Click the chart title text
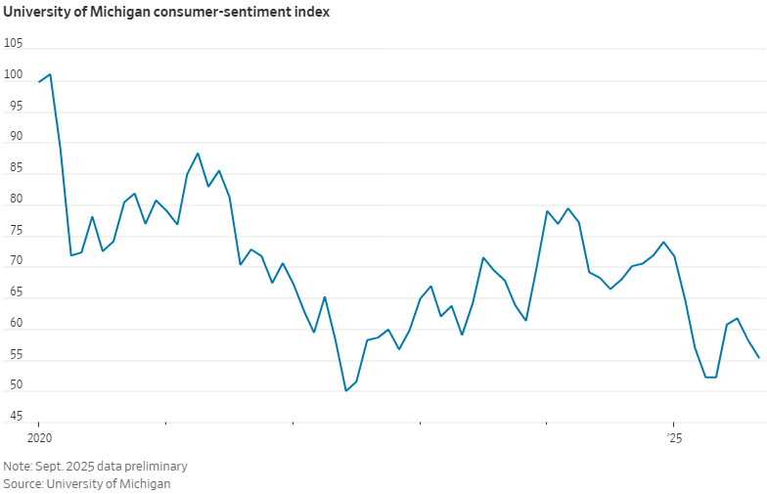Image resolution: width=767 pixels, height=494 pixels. (x=166, y=13)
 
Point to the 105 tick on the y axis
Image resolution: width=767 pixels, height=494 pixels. (x=14, y=44)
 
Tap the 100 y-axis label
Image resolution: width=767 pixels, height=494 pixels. (x=14, y=75)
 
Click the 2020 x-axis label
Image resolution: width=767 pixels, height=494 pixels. (x=38, y=437)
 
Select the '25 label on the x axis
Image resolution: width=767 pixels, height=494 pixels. (x=674, y=437)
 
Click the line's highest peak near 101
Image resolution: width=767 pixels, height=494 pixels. (x=50, y=74)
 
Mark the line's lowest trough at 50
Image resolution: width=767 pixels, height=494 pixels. (x=345, y=390)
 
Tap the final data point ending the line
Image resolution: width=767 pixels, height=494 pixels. (x=758, y=357)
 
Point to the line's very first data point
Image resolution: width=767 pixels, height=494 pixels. (x=39, y=82)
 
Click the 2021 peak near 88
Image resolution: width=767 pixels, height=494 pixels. (x=198, y=154)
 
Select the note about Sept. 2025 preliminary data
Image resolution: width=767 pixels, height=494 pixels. (x=95, y=467)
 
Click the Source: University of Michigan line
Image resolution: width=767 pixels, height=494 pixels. (x=87, y=484)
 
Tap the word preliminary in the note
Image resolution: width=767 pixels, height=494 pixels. (x=155, y=467)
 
